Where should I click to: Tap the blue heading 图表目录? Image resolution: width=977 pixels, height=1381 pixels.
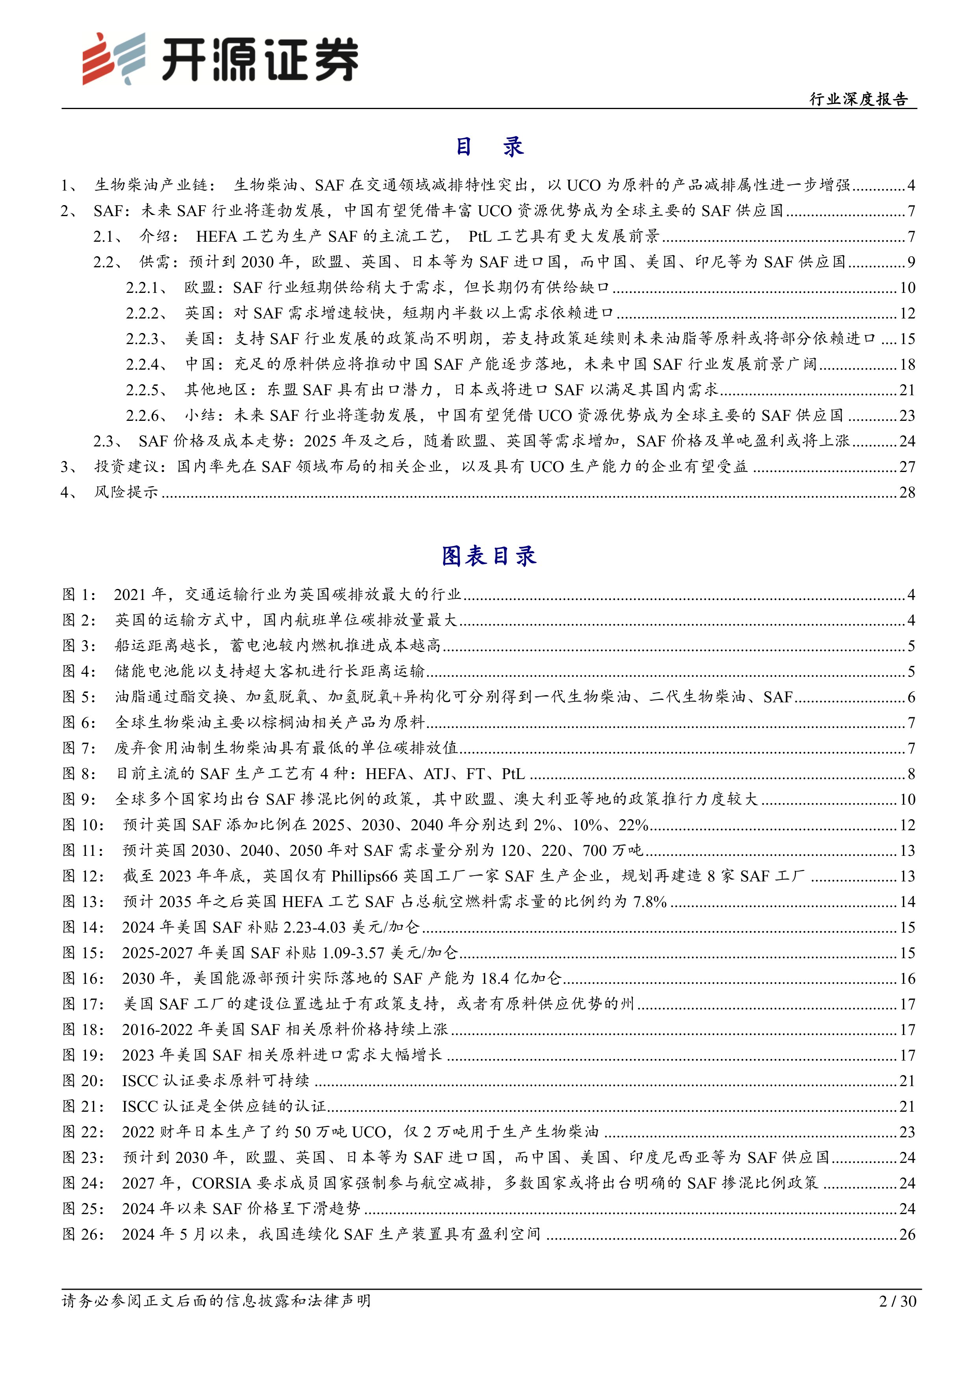(x=488, y=556)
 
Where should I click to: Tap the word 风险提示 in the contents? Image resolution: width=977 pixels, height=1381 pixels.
(x=126, y=492)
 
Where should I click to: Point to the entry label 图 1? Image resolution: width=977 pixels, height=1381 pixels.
(x=80, y=595)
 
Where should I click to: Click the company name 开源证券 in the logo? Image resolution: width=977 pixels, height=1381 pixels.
(x=260, y=60)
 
